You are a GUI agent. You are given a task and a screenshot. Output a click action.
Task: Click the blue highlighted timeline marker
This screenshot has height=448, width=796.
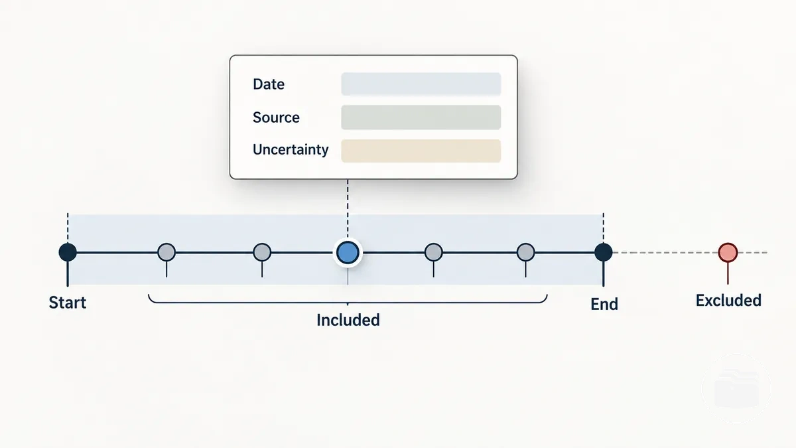[x=348, y=252]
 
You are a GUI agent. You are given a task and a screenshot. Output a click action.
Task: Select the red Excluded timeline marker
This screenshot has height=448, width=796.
[x=728, y=252]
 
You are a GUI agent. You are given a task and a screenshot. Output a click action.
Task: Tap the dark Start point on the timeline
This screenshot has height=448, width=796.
[x=68, y=252]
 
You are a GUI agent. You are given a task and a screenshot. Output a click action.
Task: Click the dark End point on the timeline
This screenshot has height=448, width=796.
[x=603, y=252]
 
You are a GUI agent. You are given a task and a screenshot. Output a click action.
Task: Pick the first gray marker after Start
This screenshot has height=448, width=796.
[x=166, y=252]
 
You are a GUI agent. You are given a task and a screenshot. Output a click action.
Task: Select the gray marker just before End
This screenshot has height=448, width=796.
[x=525, y=252]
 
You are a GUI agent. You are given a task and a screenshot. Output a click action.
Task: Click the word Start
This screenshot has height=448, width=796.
[x=68, y=303]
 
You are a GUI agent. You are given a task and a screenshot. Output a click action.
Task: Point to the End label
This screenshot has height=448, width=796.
[x=604, y=305]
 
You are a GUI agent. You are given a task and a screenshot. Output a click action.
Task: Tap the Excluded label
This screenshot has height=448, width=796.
[x=728, y=301]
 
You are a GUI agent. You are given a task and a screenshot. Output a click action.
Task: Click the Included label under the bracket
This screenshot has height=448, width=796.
[x=348, y=320]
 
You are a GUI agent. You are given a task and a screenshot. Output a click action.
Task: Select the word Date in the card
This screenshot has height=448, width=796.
[x=269, y=84]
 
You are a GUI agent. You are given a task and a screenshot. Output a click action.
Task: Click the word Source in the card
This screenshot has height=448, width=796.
[x=276, y=117]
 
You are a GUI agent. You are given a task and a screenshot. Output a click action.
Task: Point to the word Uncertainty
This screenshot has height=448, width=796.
[x=291, y=150]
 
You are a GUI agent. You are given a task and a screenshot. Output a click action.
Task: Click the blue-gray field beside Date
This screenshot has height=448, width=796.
[x=421, y=84]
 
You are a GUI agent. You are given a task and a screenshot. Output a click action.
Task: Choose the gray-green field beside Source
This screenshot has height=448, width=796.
[x=421, y=117]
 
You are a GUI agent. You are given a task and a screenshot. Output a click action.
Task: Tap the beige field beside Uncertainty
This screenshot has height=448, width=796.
[x=421, y=151]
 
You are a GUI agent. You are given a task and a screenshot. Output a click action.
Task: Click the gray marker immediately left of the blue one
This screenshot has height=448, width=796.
[x=262, y=252]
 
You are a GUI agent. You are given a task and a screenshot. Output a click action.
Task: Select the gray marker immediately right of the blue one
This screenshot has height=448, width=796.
[x=434, y=252]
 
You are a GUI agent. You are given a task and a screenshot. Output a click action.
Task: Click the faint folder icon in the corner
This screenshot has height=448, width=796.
[x=737, y=389]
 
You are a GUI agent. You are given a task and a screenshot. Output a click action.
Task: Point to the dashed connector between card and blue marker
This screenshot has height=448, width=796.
[x=348, y=210]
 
